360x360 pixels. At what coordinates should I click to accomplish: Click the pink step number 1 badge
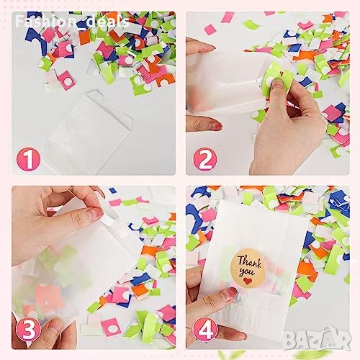tap(29, 159)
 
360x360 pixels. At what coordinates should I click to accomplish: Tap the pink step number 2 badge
tap(204, 159)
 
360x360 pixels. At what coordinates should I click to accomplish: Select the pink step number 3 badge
tap(28, 329)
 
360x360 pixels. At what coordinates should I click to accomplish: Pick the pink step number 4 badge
tap(205, 330)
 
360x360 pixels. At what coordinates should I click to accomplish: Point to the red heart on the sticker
tap(248, 280)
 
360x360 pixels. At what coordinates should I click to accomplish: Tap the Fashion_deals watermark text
tap(72, 21)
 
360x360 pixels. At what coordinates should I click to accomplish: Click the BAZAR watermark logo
tap(316, 339)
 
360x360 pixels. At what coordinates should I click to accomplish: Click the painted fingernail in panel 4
tap(228, 292)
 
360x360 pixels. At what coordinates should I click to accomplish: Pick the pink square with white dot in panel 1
tap(67, 81)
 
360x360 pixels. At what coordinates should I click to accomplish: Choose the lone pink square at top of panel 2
tap(210, 30)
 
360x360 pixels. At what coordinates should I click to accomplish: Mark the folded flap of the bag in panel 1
tap(109, 108)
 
